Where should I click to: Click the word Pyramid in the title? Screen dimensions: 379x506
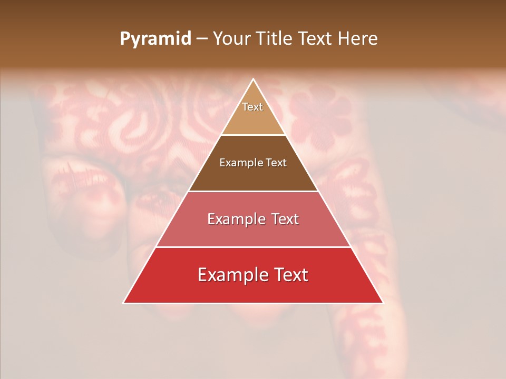(x=155, y=39)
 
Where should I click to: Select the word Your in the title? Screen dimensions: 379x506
(x=230, y=39)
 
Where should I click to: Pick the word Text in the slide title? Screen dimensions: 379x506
(x=316, y=39)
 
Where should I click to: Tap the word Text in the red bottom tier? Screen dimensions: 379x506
(x=290, y=275)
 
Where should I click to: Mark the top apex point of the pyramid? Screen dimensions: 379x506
(x=253, y=79)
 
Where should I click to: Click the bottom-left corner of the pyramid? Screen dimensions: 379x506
(x=123, y=303)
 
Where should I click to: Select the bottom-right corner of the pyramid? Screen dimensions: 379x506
(x=383, y=303)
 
